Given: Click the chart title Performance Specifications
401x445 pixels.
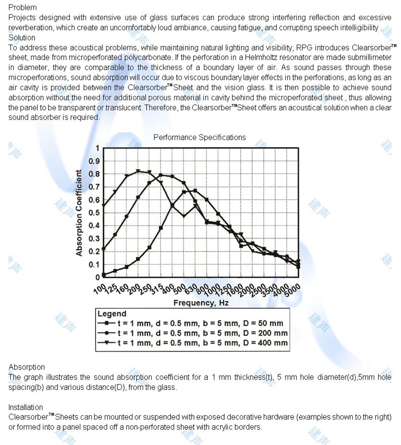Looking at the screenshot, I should click(199, 137).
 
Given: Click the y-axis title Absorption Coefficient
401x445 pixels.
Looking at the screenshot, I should click(79, 213).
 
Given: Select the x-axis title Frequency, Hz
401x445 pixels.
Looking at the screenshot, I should click(201, 303).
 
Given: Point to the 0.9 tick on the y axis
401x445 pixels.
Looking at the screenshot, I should click(94, 161).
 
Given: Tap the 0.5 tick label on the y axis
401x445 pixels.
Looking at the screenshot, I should click(94, 212).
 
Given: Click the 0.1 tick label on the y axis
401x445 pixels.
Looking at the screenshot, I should click(94, 264).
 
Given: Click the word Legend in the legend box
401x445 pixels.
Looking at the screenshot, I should click(112, 314).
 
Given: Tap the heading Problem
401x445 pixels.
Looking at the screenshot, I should click(23, 7).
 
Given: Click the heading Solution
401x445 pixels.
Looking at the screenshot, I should click(22, 38).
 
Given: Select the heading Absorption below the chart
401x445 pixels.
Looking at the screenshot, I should click(27, 367).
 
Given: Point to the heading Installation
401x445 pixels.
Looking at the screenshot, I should click(26, 407).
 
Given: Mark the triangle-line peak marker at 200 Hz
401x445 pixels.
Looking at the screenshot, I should click(138, 171).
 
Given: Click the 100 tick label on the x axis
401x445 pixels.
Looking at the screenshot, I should click(100, 289).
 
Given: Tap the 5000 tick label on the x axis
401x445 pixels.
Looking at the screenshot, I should click(292, 290).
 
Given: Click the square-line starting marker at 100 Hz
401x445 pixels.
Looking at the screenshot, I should click(104, 275).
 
